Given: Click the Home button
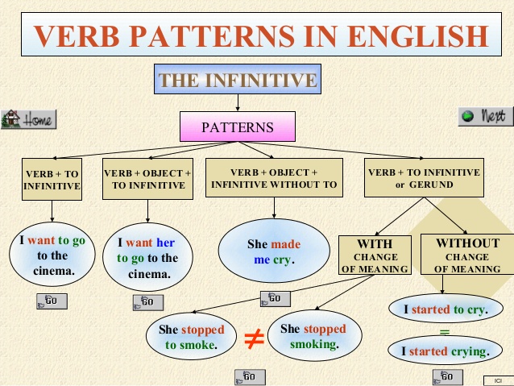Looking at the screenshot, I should pyautogui.click(x=28, y=119).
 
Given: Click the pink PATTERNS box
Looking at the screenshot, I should pyautogui.click(x=237, y=127).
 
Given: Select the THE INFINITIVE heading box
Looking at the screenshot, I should pyautogui.click(x=237, y=80).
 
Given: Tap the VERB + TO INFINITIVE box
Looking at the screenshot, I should pyautogui.click(x=52, y=179).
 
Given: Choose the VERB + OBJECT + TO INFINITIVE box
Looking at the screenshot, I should pyautogui.click(x=147, y=179).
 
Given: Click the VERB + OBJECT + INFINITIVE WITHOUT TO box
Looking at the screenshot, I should pyautogui.click(x=275, y=179).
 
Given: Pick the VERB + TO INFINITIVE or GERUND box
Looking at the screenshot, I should pyautogui.click(x=423, y=179).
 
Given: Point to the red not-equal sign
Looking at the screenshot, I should pyautogui.click(x=255, y=339).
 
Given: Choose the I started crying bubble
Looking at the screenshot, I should pyautogui.click(x=447, y=351).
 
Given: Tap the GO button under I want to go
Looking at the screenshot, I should pyautogui.click(x=52, y=301).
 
